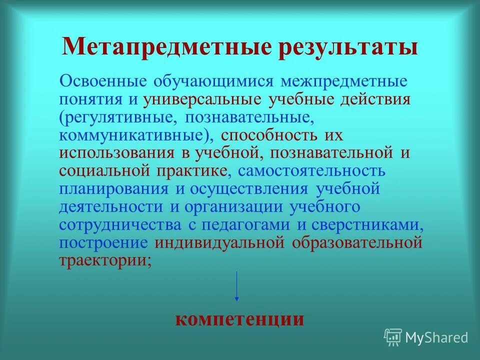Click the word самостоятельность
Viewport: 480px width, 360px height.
tap(311, 170)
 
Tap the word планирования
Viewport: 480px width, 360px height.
tap(113, 188)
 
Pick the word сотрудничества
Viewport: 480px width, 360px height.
tap(120, 224)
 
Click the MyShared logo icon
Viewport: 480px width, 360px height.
tap(393, 337)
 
